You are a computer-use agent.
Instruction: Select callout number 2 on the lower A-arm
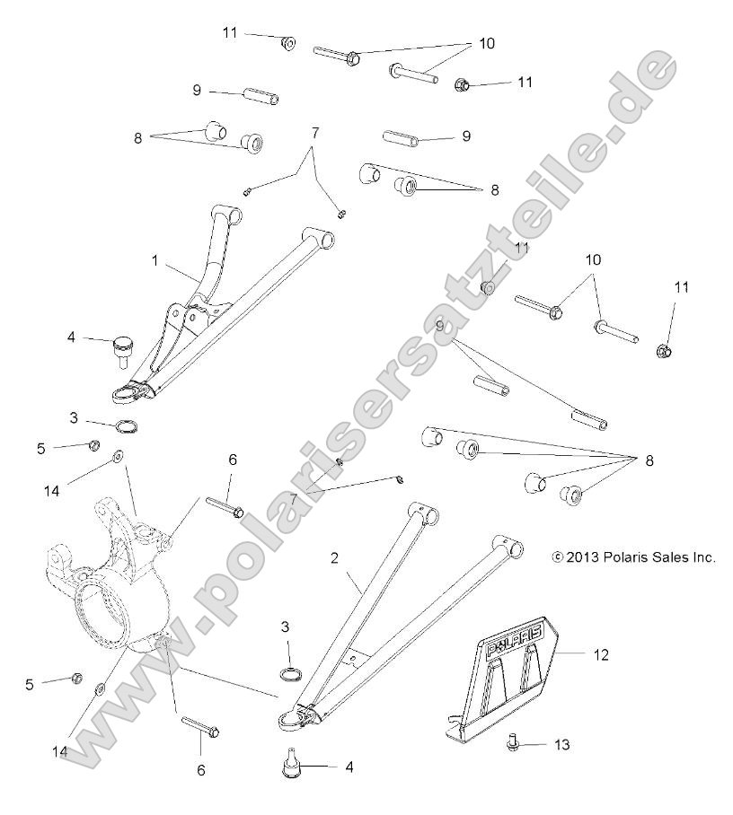pos(334,557)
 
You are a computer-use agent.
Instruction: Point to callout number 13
pos(562,745)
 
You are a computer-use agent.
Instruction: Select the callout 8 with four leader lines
pos(649,460)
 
